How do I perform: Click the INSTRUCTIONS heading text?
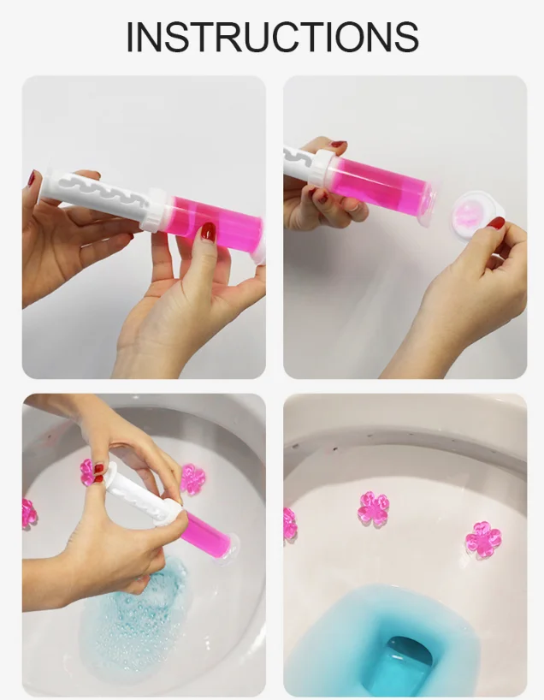point(272,36)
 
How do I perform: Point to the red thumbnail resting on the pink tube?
point(207,231)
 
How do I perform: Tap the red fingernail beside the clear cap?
point(497,223)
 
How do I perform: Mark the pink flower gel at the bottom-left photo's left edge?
point(28,513)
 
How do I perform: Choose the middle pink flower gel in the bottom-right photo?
point(373,507)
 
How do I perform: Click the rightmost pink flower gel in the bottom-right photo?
point(483,540)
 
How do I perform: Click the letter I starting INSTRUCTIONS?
point(130,36)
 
